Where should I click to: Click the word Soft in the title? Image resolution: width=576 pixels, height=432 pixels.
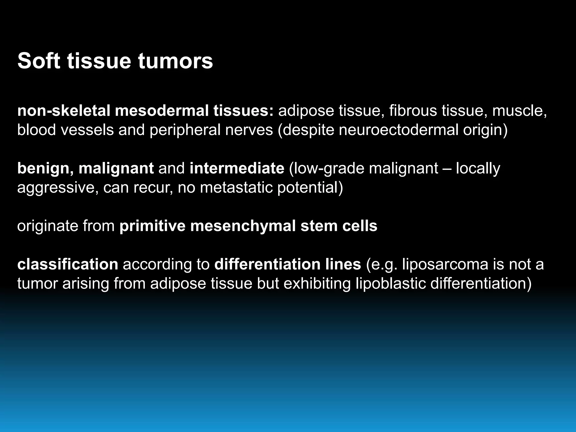coord(39,61)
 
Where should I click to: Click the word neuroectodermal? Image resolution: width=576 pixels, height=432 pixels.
coord(399,130)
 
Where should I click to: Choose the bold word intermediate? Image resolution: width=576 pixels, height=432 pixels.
coord(237,168)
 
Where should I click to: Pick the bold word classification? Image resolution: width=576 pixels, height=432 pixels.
coord(67,264)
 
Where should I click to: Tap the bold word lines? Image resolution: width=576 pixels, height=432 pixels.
coord(345,264)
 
